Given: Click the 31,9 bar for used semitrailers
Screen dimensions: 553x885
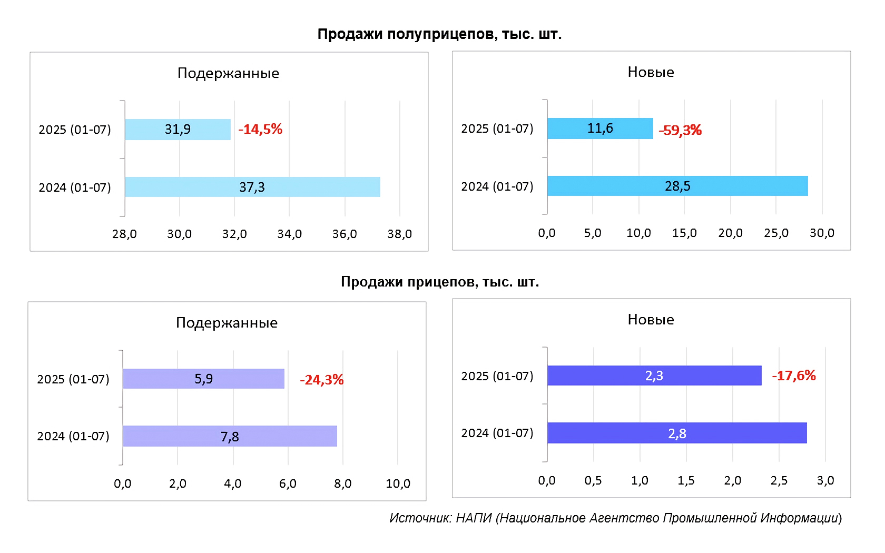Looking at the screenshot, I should click(178, 130).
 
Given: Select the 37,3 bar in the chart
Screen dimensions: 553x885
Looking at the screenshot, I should click(252, 187).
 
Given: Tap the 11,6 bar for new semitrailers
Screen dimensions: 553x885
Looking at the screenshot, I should click(600, 129).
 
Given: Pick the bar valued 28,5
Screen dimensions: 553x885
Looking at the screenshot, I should click(677, 186).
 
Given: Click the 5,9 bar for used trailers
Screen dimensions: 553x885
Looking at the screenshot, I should click(203, 379).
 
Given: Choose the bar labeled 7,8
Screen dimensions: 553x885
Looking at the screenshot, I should click(230, 436).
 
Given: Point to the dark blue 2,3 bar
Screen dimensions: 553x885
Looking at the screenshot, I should click(654, 376).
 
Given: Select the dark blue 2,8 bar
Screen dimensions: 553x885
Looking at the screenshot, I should click(677, 433).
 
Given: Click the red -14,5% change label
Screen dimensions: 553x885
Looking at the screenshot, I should click(260, 129).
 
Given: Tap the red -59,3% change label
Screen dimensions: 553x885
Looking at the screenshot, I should click(680, 130).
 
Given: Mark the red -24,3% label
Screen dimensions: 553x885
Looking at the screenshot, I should click(321, 380).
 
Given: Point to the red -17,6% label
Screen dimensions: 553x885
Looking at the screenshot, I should click(793, 376).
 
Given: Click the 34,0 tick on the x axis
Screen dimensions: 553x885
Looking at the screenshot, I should click(289, 234).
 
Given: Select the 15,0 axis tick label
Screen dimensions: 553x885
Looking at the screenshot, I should click(684, 233).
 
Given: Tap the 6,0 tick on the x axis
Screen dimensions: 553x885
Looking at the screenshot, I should click(288, 483).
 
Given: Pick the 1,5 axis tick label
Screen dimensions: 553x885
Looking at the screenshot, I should click(686, 480).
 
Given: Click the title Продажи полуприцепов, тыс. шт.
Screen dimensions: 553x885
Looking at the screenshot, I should click(439, 34).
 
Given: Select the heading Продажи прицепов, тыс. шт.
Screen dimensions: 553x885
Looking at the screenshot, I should click(440, 282).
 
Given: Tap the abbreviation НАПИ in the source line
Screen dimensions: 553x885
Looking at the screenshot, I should click(474, 518).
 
